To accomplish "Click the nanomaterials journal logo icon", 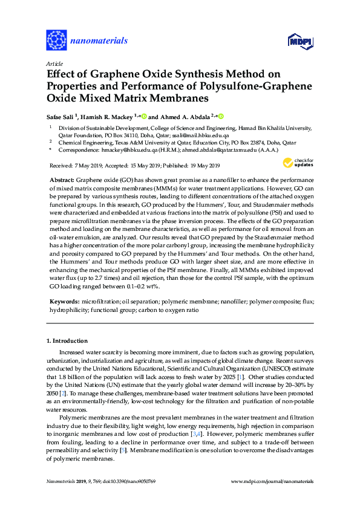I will [x=56, y=41].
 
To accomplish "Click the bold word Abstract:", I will [x=61, y=181].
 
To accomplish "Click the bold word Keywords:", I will [x=63, y=300].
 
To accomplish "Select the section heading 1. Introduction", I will [x=67, y=340].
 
